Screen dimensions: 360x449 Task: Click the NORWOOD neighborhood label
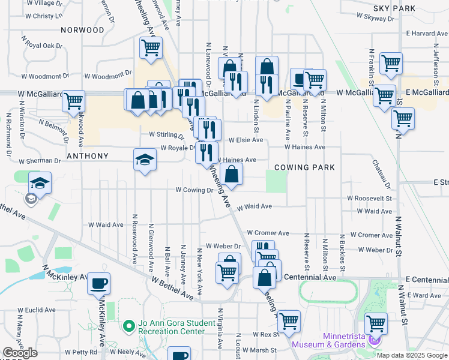coord(82,29)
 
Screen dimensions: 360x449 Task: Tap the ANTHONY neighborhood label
coord(88,156)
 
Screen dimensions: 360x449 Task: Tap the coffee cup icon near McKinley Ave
coord(98,282)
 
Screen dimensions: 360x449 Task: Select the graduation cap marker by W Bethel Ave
coord(40,182)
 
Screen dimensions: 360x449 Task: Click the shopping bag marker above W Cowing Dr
coord(231,175)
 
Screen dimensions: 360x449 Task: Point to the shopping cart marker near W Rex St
coord(289,320)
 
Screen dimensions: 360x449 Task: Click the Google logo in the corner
coord(20,353)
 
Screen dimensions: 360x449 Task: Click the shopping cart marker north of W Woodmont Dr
coord(151,47)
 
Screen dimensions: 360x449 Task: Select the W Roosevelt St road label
coord(369,198)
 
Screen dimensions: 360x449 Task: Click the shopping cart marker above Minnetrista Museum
coord(376,323)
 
